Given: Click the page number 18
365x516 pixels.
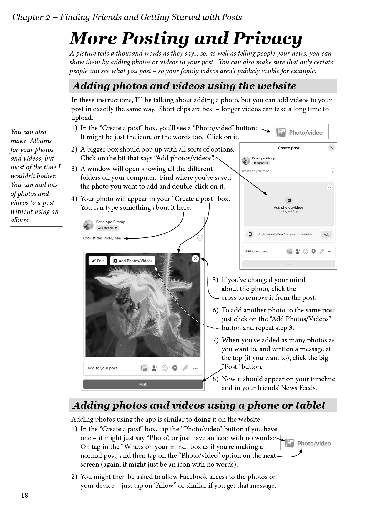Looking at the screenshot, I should click(25, 495).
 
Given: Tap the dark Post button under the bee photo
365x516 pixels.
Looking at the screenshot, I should click(143, 384).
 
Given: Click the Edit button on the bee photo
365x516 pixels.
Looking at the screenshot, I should click(98, 261).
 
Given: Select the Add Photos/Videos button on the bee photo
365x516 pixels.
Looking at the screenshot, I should click(133, 261).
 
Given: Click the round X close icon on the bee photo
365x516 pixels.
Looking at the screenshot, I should click(195, 259).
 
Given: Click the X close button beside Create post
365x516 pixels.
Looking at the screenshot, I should click(332, 148).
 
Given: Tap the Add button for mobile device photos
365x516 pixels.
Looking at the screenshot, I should click(326, 234).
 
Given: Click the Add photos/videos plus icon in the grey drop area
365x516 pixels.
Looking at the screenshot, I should click(288, 201).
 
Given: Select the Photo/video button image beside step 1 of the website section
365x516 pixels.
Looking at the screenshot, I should click(300, 132).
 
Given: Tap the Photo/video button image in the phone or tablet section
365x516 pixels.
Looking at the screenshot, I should click(308, 443).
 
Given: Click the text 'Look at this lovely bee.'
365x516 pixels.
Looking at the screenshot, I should click(102, 238).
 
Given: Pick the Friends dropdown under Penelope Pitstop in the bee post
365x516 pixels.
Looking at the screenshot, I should click(107, 228).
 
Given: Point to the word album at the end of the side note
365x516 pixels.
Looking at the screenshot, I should click(20, 220).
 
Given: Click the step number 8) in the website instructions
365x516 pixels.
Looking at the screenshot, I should click(215, 379).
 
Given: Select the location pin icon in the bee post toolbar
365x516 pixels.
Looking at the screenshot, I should click(175, 368).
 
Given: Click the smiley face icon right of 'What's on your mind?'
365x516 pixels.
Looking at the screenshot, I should click(333, 171).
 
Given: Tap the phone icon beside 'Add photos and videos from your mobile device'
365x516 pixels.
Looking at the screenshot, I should click(250, 234).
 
